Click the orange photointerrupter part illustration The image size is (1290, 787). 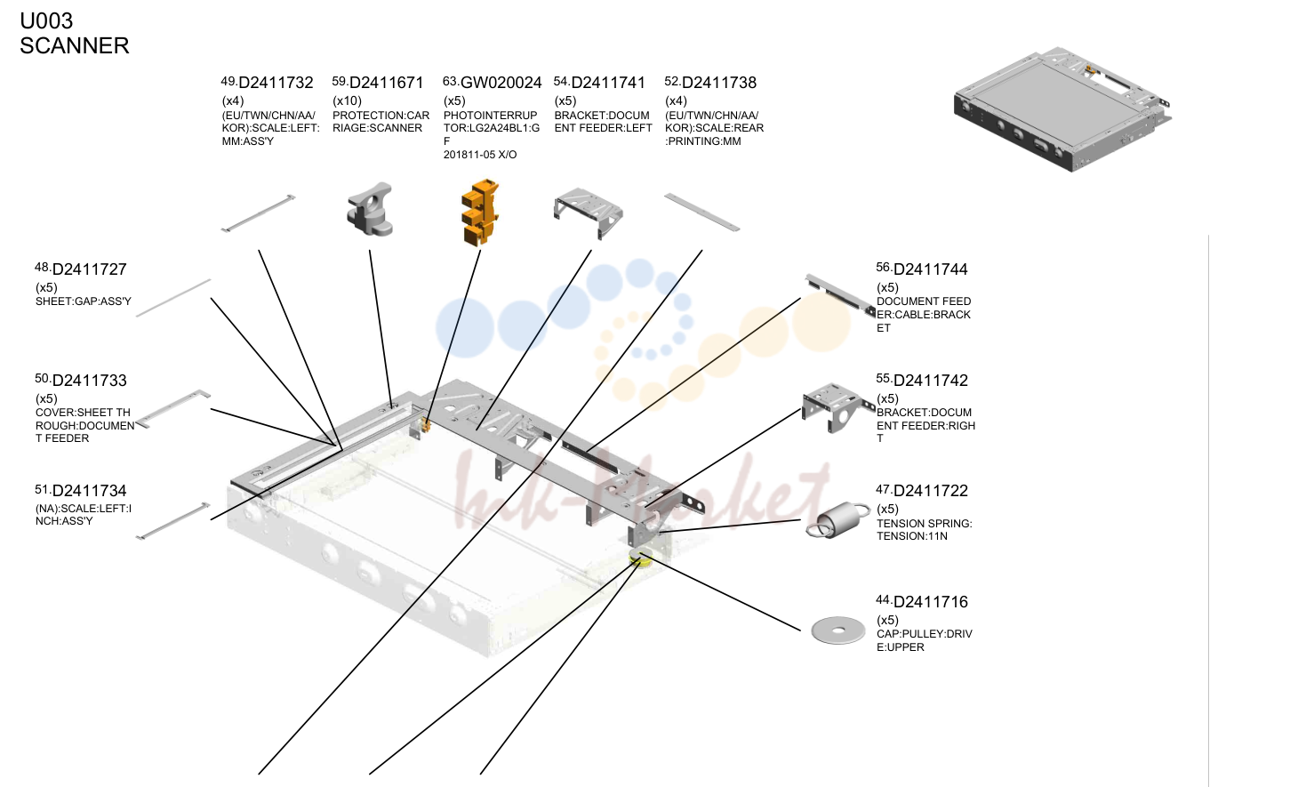point(480,213)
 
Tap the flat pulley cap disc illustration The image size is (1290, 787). point(838,630)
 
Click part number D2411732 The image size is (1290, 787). point(276,83)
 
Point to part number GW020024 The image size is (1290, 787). point(501,83)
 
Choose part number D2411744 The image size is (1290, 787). point(931,269)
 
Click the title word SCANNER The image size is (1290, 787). point(75,46)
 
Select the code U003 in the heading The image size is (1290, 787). point(46,21)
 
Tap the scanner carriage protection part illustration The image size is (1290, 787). point(370,209)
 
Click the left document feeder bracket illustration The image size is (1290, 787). point(588,213)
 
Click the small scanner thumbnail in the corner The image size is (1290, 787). point(1063,109)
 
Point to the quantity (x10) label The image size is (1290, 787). point(348,100)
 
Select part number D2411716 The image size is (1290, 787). point(931,602)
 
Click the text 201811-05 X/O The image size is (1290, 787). point(480,155)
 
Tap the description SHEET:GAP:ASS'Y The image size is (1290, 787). point(84,301)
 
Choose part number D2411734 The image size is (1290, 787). point(89,491)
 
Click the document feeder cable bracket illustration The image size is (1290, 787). point(840,295)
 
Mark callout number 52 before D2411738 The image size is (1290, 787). point(672,81)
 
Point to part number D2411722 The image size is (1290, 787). point(931,491)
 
